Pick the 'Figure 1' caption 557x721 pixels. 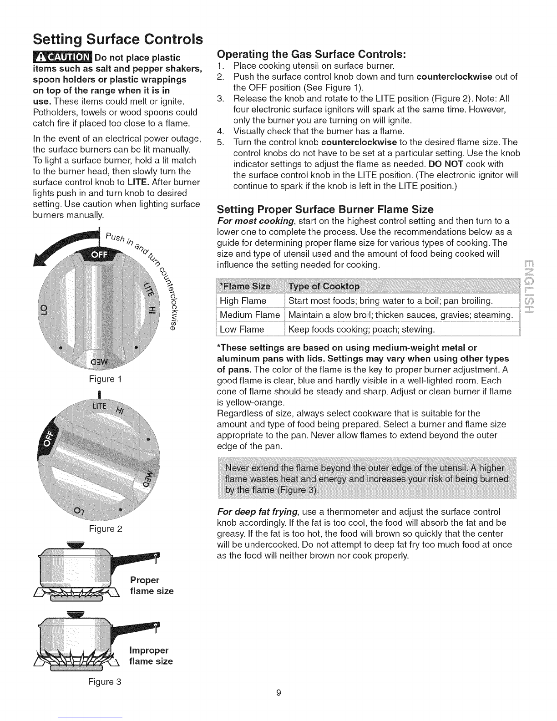coord(102,379)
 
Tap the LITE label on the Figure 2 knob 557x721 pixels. coord(99,406)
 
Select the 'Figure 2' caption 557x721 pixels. coord(102,529)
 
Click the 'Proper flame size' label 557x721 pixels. coord(152,585)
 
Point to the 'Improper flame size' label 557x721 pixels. coord(151,655)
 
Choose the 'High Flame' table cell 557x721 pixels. coord(243,301)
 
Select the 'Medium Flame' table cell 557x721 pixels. coord(249,315)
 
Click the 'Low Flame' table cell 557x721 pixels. coord(242,329)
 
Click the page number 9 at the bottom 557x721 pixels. coord(278,693)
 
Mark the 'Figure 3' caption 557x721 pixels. coord(102,682)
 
